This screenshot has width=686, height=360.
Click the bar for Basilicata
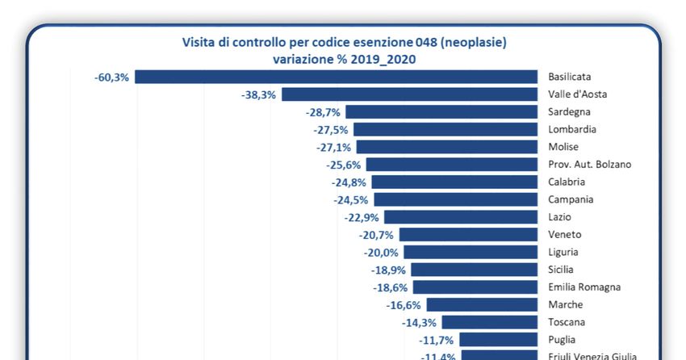point(336,77)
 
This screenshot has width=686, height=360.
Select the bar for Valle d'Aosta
point(409,94)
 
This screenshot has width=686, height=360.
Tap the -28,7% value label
point(324,112)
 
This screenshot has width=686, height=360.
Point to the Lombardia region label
point(574,129)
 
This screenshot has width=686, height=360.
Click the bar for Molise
point(447,147)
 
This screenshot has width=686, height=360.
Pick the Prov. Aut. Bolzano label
point(589,165)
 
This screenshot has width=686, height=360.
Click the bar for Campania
point(455,199)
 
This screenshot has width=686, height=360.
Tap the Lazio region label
point(560,217)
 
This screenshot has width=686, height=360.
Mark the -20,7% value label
point(375,235)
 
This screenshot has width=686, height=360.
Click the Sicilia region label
point(563,270)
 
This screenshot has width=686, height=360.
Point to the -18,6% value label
point(391,287)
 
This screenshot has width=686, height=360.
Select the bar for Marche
point(482,305)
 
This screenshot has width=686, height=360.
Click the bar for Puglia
point(498,340)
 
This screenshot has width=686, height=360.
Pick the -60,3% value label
point(111,77)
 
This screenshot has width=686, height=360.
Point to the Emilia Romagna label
point(584,287)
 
